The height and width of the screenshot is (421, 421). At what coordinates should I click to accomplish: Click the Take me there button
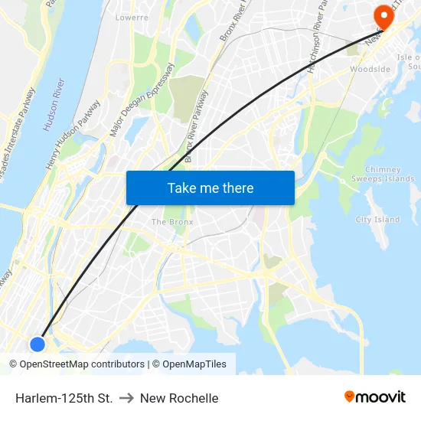coord(210,188)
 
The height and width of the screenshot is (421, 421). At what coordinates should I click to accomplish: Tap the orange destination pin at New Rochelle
coord(381,15)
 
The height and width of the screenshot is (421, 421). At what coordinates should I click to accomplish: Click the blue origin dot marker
coord(38,344)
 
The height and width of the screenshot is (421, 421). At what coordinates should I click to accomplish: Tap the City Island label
coord(377,220)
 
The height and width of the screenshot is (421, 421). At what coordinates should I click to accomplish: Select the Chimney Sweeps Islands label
coord(390,175)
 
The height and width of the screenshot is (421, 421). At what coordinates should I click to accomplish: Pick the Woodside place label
coord(370,70)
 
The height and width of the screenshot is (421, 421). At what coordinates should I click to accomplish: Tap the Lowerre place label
coord(131,17)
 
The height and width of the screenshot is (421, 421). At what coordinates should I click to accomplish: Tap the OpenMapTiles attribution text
coord(194,364)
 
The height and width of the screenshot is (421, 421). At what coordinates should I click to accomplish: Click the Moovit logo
coord(375,397)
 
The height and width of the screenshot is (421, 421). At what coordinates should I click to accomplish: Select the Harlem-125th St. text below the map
coord(64,398)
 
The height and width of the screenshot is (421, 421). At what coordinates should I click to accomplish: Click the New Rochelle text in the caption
coord(179,398)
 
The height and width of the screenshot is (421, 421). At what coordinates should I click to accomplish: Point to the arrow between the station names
coord(126,398)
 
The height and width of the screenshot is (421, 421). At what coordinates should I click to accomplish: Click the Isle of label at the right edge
coord(409,57)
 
